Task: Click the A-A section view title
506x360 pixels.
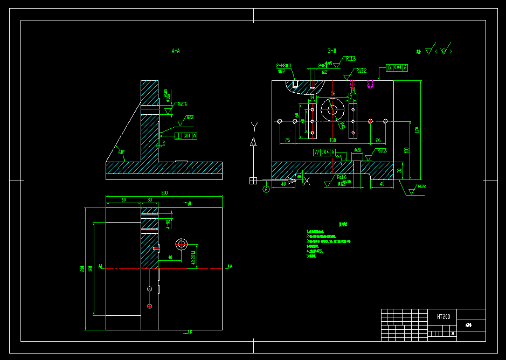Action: pos(176,51)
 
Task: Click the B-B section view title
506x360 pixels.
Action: pos(332,51)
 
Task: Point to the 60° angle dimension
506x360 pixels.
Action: pos(122,152)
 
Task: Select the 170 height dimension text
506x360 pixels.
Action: pos(417,130)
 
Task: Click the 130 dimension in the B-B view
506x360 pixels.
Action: pos(332,140)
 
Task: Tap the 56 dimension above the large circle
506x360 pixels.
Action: pos(332,94)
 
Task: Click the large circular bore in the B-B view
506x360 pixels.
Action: pos(332,110)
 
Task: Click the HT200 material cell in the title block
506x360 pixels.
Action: pos(443,317)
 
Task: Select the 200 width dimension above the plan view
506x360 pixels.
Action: pos(164,193)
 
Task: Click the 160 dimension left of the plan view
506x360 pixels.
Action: pos(91,268)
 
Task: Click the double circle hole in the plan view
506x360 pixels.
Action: pos(182,245)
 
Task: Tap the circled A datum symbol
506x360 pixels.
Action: pos(266,189)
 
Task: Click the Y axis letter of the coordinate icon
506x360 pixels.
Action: pos(254,127)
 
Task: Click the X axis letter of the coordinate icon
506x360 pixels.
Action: pos(308,181)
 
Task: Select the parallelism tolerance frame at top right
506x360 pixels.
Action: pos(397,67)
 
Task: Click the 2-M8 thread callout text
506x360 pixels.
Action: pos(284,66)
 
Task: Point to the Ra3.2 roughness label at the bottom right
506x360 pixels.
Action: pos(420,186)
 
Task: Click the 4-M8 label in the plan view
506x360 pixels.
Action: pos(168,224)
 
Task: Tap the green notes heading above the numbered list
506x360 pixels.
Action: pos(343,224)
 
